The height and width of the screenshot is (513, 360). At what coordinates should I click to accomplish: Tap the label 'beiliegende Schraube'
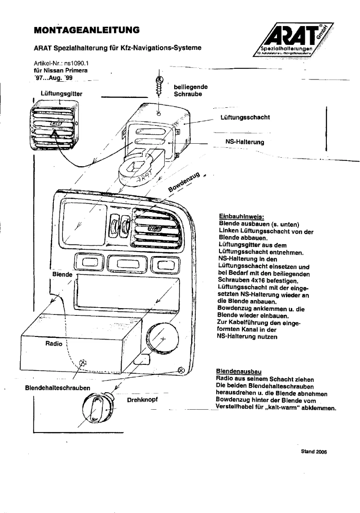(190, 91)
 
